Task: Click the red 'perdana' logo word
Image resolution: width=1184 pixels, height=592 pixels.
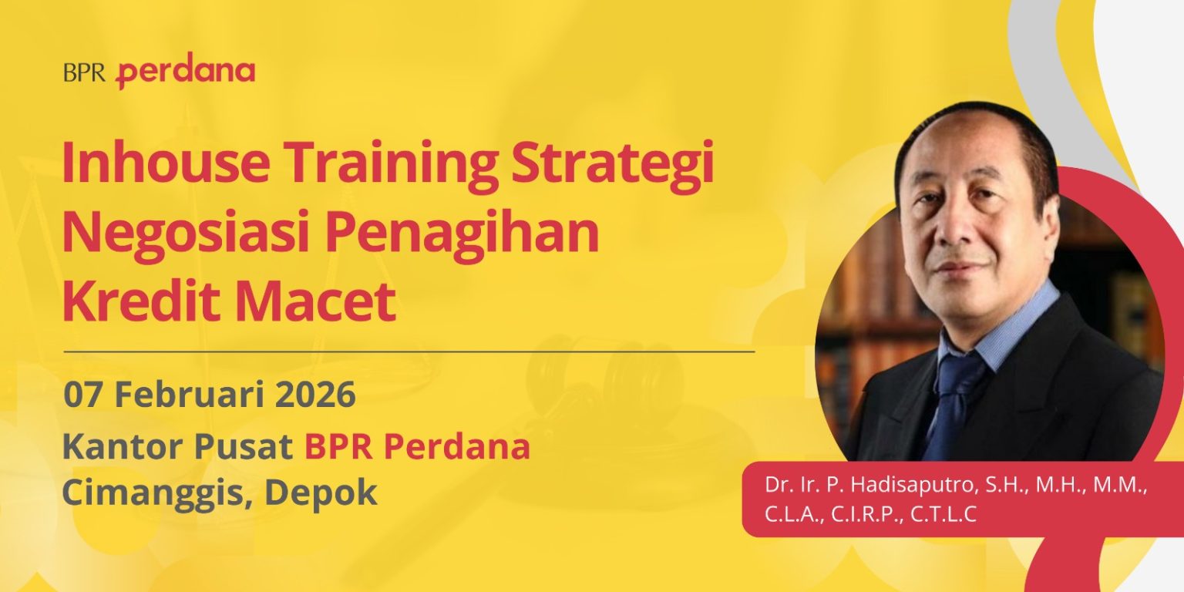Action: click(x=186, y=73)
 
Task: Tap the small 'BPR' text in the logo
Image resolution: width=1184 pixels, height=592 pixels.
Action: click(x=85, y=73)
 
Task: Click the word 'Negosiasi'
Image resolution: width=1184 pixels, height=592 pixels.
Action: click(x=185, y=234)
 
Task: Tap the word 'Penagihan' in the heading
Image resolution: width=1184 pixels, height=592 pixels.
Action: click(x=462, y=234)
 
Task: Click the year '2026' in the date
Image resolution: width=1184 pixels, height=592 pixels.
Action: click(x=314, y=395)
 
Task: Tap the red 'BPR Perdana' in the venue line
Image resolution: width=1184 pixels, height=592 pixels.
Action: click(x=417, y=446)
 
